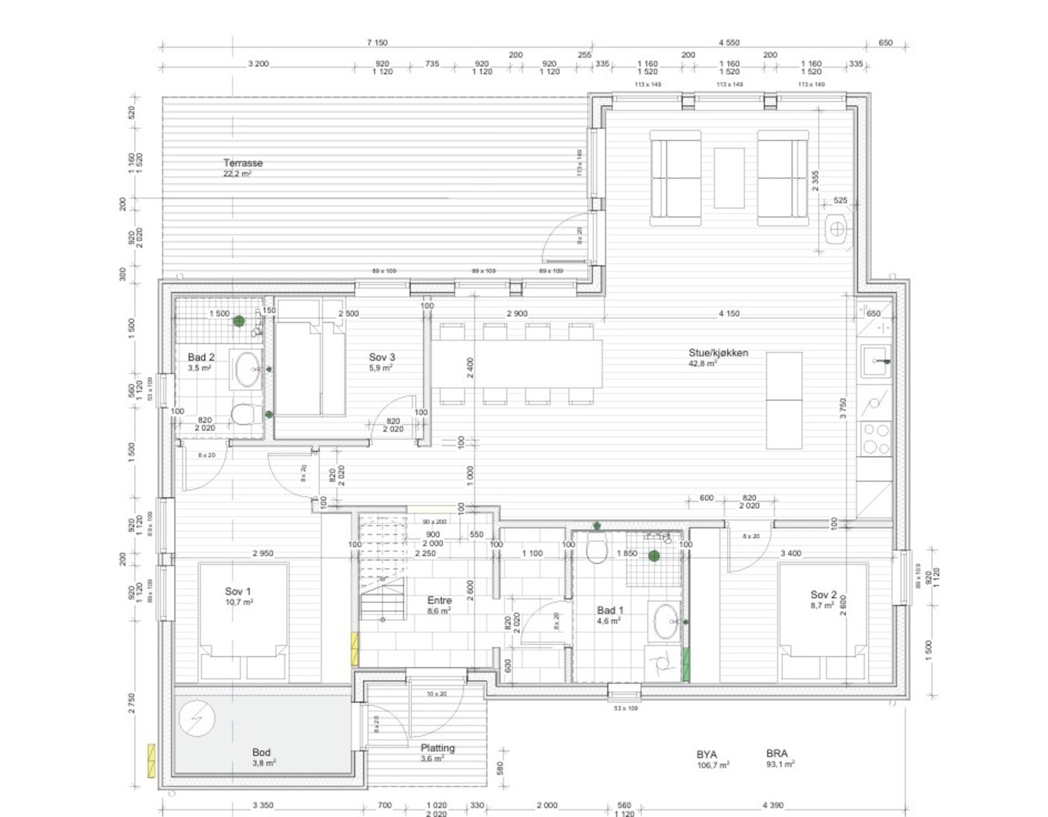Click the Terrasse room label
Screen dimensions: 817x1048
point(242,163)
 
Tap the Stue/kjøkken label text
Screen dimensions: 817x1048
point(718,353)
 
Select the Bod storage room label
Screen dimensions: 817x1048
point(261,753)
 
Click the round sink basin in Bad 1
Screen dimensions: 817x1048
point(666,620)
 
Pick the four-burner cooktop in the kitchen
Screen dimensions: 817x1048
point(876,438)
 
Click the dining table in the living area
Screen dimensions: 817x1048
point(517,363)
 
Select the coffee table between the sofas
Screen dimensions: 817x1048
point(729,178)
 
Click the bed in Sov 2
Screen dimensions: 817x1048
point(823,619)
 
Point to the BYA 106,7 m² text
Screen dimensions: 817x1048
point(711,759)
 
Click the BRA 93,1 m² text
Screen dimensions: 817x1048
point(779,759)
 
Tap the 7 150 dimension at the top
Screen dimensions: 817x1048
point(377,43)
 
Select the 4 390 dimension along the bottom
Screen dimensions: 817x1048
point(773,805)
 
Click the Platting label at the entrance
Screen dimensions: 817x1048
point(437,748)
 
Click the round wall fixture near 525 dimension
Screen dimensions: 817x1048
point(836,229)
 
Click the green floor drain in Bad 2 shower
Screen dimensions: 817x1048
point(238,321)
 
